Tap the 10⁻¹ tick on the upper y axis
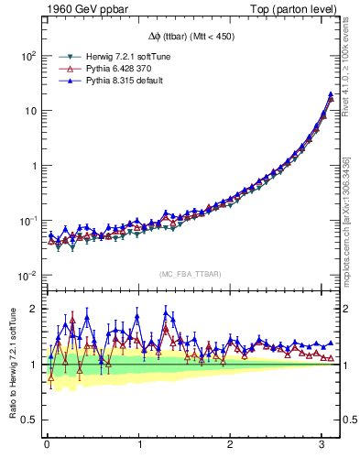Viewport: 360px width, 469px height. coord(27,221)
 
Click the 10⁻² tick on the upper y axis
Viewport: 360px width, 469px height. coord(27,276)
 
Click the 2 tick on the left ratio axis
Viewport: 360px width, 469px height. coord(31,309)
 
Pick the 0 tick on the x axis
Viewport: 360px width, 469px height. coord(47,446)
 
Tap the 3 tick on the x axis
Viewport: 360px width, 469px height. coord(322,446)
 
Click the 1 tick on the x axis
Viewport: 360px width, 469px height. coord(138,446)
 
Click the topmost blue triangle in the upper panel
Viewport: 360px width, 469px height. coord(330,94)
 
